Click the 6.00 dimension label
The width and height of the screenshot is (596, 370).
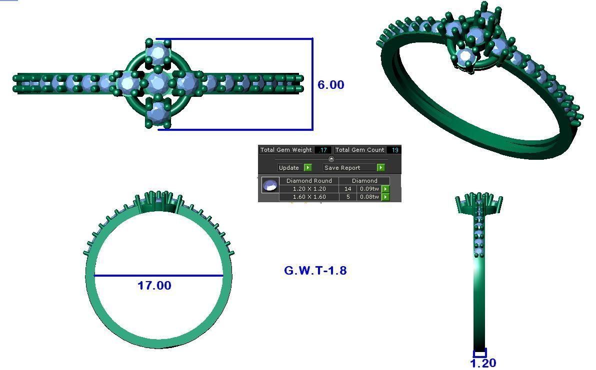[331, 85]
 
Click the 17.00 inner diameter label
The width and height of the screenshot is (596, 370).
[154, 286]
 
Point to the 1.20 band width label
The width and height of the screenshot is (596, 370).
[483, 363]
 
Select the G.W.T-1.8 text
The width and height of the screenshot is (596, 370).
[315, 271]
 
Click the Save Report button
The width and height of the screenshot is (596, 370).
[348, 168]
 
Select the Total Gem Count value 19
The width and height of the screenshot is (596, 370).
[394, 150]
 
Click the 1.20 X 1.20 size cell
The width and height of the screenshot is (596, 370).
[309, 189]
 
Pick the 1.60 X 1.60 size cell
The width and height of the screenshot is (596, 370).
[309, 197]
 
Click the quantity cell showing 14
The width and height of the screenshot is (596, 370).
[347, 189]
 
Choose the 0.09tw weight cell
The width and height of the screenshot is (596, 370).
[369, 189]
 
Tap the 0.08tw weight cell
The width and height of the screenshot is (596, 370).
[369, 197]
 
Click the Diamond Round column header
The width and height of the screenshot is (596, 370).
[309, 181]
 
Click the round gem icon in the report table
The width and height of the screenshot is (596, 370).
[270, 186]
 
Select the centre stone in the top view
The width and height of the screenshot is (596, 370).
[157, 82]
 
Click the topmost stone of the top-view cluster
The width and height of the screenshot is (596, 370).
[158, 52]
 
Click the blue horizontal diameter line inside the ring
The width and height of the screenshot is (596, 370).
[158, 276]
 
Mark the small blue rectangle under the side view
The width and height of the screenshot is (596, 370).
[479, 354]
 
